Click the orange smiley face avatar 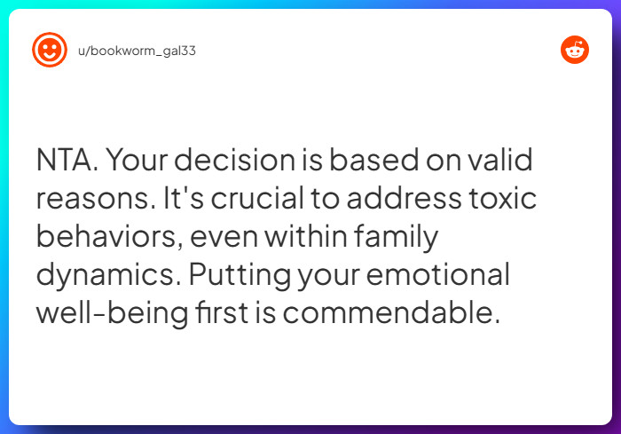50,51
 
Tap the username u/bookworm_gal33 137,51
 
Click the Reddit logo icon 575,51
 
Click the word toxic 507,199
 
